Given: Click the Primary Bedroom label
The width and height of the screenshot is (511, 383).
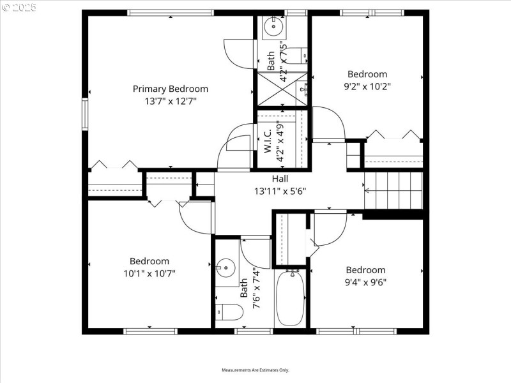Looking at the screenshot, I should (170, 89).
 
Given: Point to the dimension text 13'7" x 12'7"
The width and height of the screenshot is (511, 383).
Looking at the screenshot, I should (170, 101).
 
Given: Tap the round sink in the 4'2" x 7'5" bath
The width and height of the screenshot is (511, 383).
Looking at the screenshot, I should (273, 27).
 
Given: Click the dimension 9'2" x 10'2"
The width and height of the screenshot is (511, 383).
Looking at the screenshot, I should (367, 86).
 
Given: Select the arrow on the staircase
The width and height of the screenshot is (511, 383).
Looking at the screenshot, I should (368, 190).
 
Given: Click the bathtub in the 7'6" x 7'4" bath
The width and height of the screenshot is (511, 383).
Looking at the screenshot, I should (291, 299).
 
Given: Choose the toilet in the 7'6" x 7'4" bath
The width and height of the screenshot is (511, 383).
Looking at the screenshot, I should (230, 312).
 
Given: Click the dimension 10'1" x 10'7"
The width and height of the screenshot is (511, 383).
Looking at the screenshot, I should (149, 273).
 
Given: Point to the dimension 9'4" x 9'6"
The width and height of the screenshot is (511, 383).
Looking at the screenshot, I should (365, 282).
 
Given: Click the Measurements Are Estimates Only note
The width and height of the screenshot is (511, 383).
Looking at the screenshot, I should (256, 370).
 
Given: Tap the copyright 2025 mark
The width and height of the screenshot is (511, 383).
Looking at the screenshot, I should (19, 8).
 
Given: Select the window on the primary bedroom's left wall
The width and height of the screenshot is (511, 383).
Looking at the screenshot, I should (84, 114).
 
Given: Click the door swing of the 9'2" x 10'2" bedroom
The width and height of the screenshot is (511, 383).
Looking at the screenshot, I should (330, 124).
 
